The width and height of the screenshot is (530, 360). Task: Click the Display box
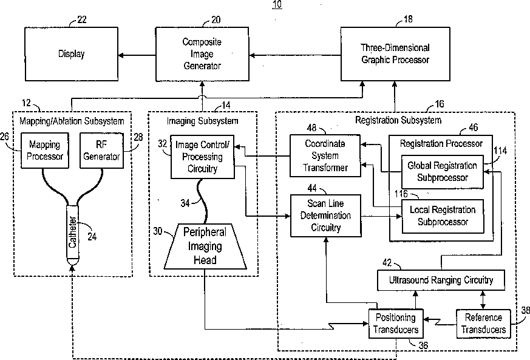[71, 54]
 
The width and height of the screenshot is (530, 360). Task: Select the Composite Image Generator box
[202, 54]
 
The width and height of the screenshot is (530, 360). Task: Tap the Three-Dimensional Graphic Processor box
[395, 53]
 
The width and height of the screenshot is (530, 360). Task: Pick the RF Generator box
[101, 151]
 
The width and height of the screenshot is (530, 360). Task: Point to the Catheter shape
[72, 234]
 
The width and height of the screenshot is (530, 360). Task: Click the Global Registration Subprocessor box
[441, 171]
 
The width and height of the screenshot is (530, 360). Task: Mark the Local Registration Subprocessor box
[443, 216]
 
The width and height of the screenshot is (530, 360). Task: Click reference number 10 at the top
[277, 4]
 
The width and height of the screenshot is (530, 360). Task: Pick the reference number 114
[500, 150]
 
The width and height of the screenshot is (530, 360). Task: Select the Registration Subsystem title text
[398, 120]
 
